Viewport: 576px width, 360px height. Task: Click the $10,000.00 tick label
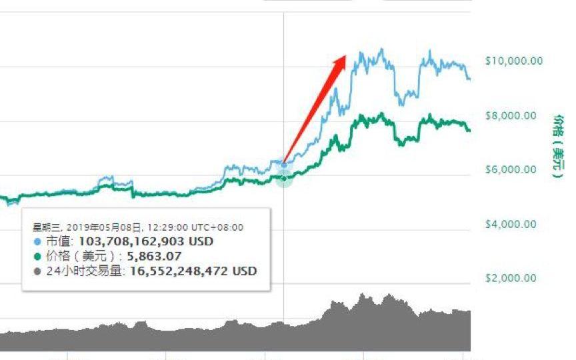coord(513,61)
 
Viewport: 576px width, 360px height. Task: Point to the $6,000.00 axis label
coord(511,169)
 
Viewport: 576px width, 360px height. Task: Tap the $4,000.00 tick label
coord(511,223)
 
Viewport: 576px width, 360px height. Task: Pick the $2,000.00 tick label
coord(511,277)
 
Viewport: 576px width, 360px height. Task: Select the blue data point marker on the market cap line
coord(285,165)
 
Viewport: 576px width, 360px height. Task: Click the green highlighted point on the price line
coord(285,178)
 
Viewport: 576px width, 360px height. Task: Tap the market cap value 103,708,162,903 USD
coord(146,241)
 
